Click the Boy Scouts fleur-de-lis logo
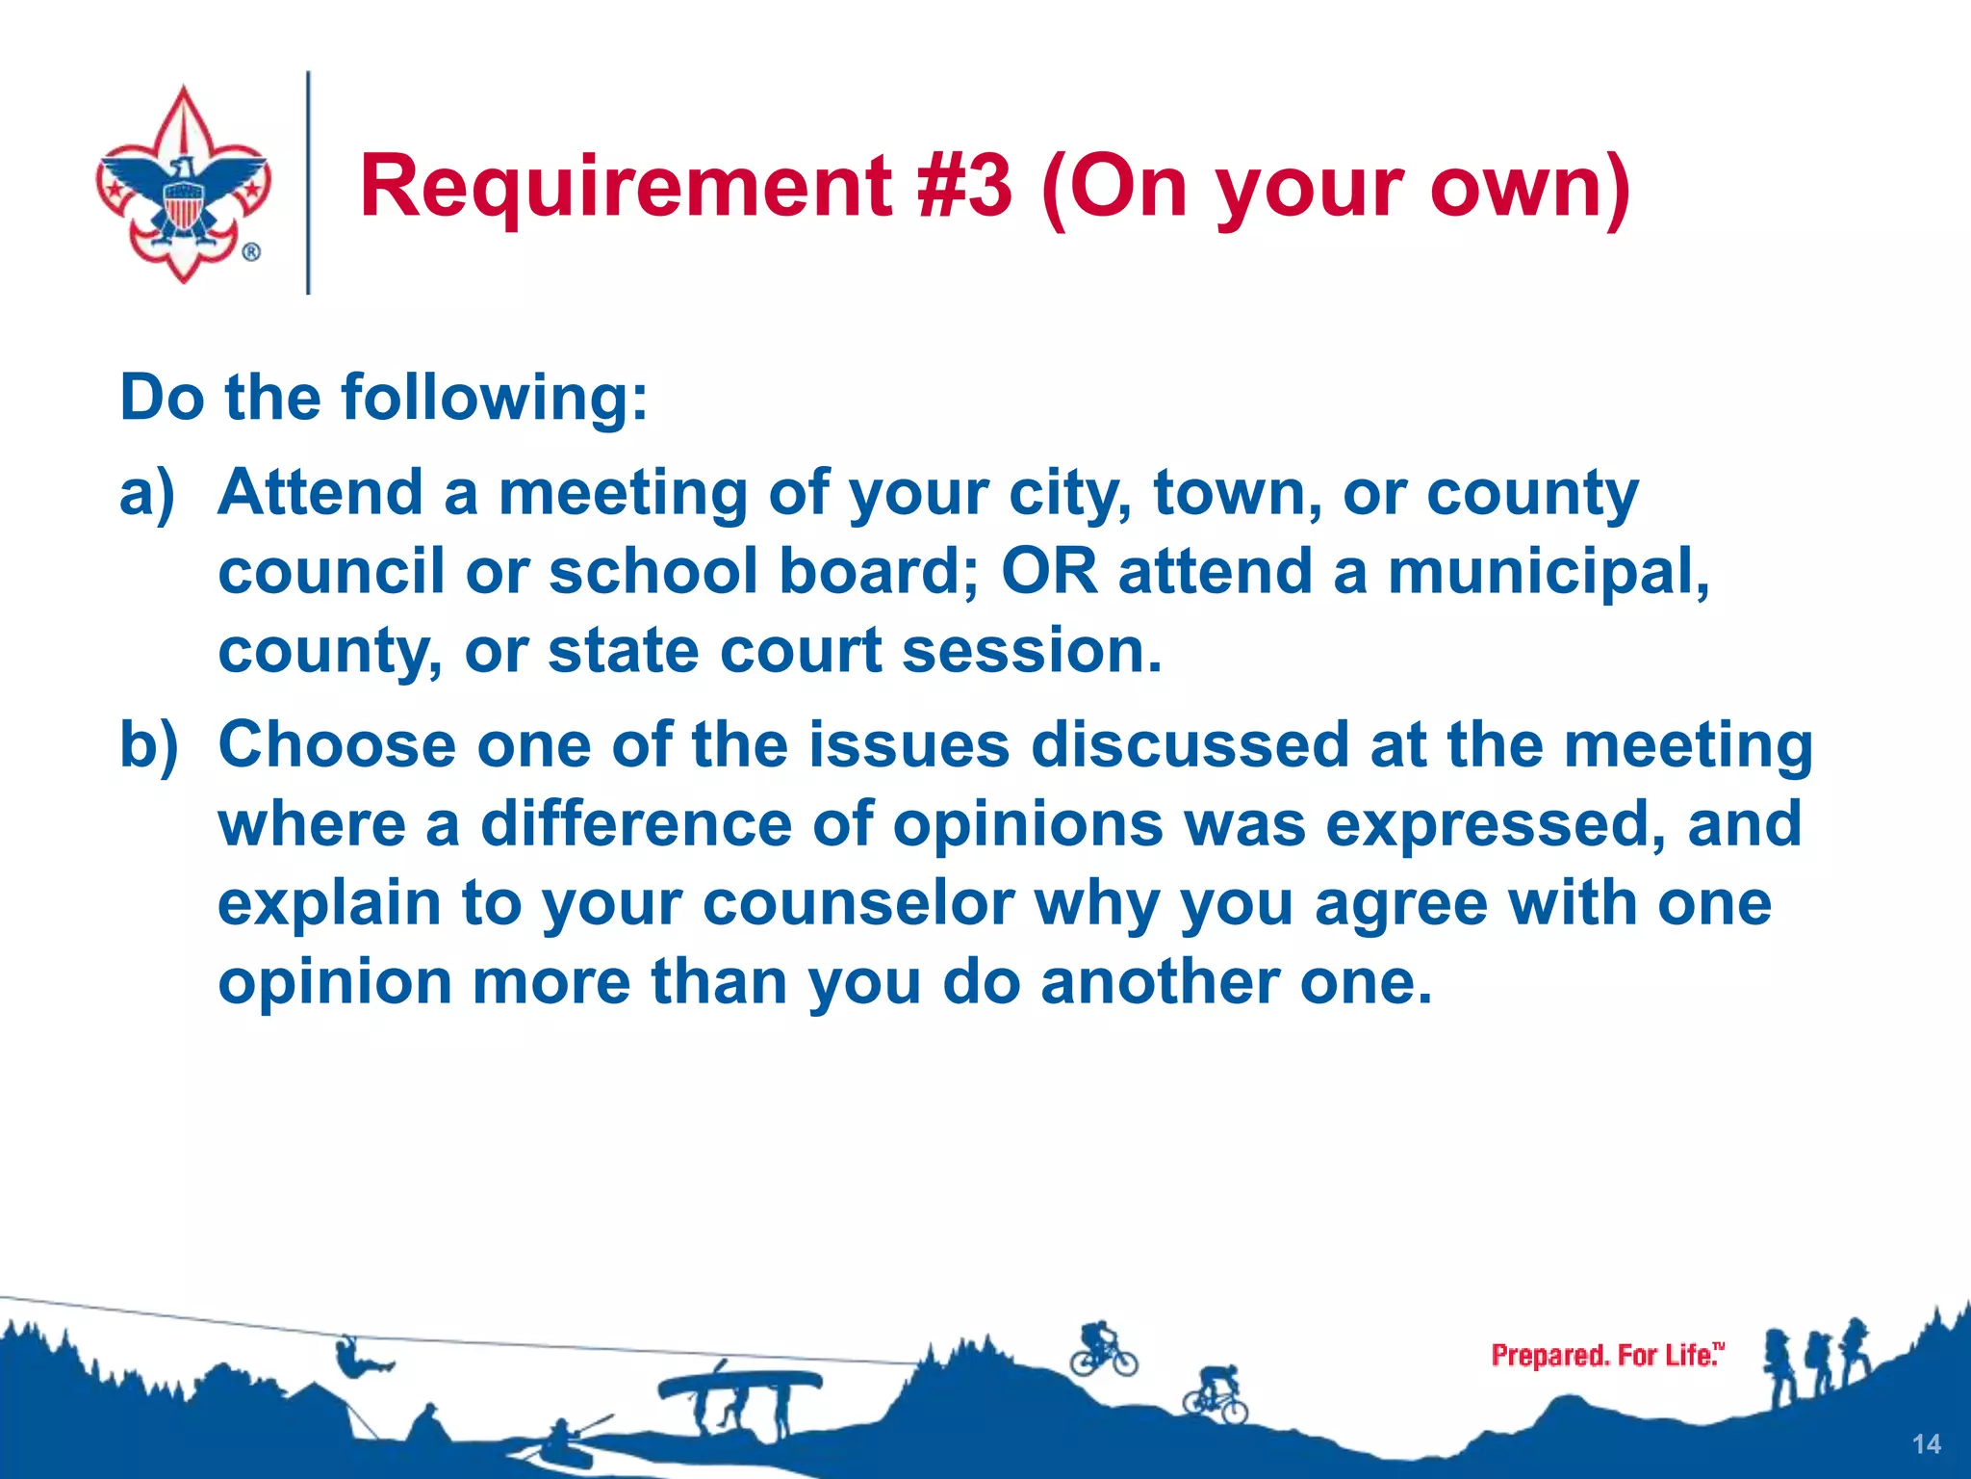[183, 185]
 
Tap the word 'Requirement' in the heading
[626, 188]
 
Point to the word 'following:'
[495, 398]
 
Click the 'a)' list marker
[147, 493]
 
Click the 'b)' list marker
[149, 745]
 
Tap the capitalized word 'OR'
[1049, 571]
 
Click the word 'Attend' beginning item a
[320, 493]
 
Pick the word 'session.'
[1032, 651]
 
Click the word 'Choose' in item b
[337, 745]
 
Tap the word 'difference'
[636, 825]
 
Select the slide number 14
[1927, 1444]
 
